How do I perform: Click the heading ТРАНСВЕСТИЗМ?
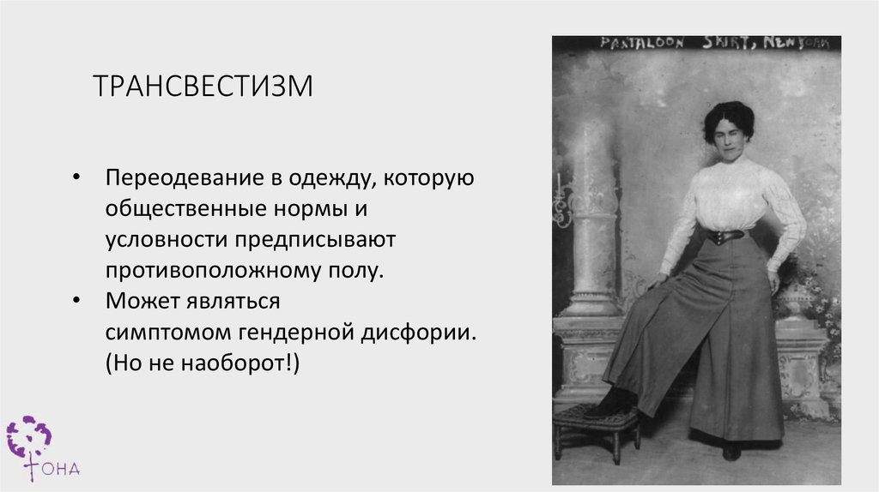point(203,86)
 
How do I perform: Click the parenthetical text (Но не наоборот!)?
point(203,362)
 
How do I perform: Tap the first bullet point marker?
point(77,178)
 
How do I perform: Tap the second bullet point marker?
point(77,301)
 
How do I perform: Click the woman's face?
point(728,135)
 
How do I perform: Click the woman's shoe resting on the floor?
point(731,451)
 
